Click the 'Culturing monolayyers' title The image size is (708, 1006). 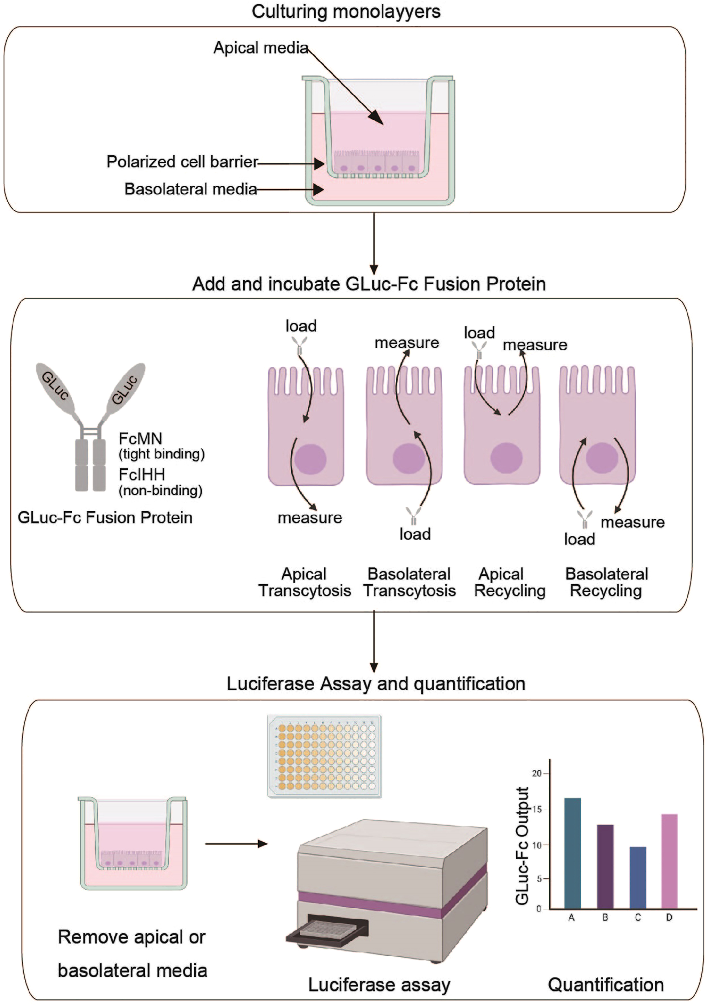[x=346, y=12]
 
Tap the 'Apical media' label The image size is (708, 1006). [x=260, y=47]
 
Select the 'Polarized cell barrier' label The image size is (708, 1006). [x=182, y=162]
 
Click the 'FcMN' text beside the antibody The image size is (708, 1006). [x=140, y=439]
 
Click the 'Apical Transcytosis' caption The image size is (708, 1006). [x=304, y=582]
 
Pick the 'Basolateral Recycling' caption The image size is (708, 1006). [x=606, y=582]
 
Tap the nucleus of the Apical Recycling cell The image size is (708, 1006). [x=506, y=458]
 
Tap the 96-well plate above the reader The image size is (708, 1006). [x=324, y=756]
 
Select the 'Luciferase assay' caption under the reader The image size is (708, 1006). [x=379, y=985]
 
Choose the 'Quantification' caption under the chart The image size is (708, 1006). [x=605, y=985]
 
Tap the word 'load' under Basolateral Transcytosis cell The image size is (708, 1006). [x=415, y=534]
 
